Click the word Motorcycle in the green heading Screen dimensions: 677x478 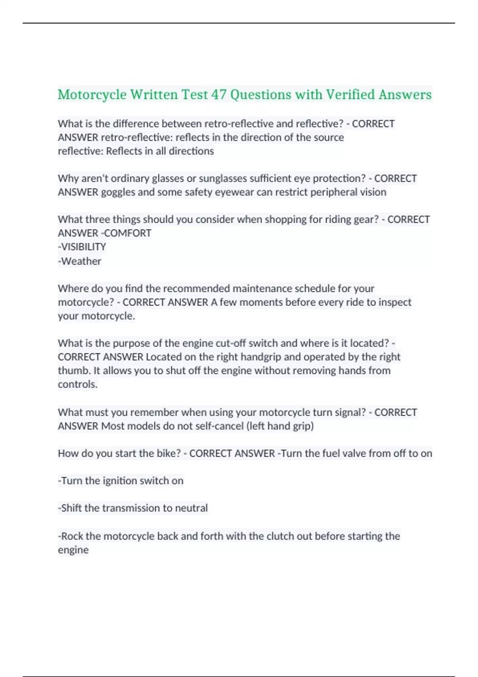pos(92,95)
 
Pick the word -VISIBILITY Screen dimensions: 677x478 pos(82,247)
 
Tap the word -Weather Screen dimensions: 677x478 pos(80,261)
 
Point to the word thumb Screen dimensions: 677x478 pos(74,370)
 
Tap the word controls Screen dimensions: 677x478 pos(78,384)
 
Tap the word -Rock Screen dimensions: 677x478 pos(71,536)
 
